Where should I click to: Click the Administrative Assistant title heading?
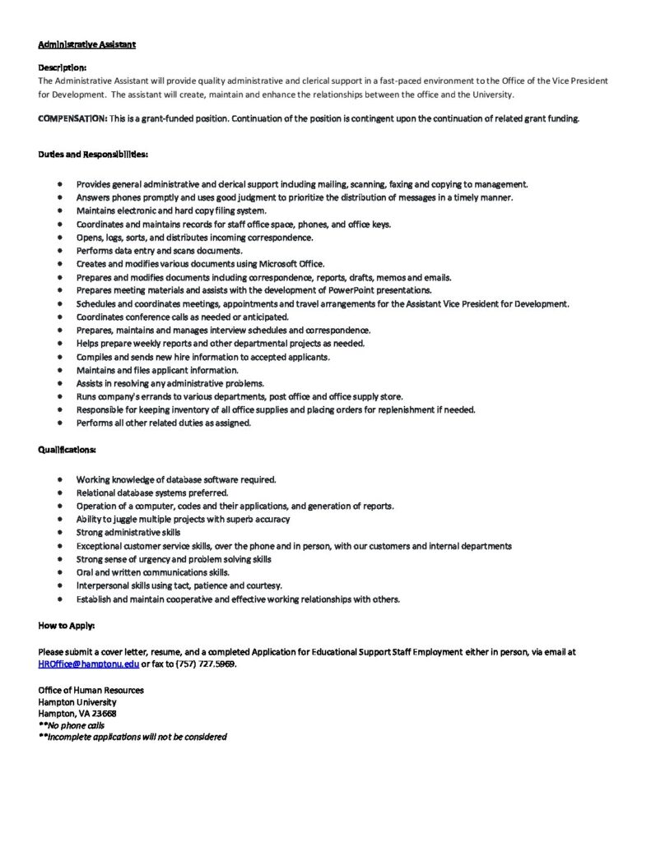[86, 44]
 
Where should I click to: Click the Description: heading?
[62, 67]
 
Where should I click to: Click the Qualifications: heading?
[67, 450]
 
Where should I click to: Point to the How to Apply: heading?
[67, 626]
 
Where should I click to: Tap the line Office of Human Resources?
[91, 690]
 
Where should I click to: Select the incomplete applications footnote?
[132, 737]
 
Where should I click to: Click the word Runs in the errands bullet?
[86, 396]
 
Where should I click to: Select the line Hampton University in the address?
[77, 702]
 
